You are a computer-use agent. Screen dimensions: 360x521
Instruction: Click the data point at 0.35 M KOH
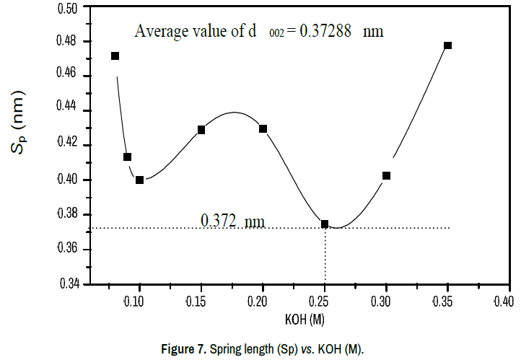pos(447,45)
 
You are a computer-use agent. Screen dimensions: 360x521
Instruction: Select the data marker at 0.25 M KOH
pos(325,224)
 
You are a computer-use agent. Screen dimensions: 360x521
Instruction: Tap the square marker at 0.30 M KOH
pos(386,175)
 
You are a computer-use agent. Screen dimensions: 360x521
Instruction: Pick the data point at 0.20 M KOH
pos(263,129)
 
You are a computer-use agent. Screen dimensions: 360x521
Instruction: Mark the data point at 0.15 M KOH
pos(201,130)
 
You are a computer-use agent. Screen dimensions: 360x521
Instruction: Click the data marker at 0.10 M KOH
pos(139,180)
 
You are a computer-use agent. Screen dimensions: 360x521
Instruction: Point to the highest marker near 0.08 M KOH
pos(115,56)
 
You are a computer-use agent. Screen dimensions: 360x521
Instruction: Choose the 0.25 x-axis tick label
pos(325,300)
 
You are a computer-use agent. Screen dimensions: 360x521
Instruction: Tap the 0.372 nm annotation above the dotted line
pos(232,220)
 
